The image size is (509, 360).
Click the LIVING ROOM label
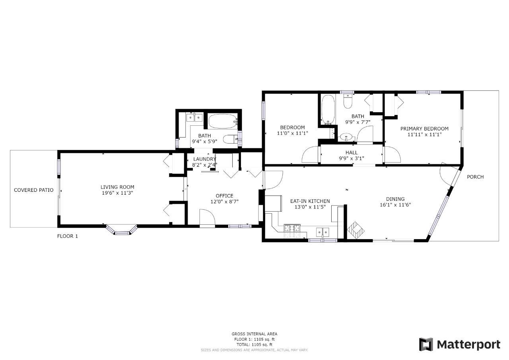click(117, 187)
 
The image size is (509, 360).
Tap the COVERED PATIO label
click(34, 190)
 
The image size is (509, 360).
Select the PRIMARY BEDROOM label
click(424, 128)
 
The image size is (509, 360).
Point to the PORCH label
click(475, 177)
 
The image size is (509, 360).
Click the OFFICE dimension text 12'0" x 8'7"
click(225, 202)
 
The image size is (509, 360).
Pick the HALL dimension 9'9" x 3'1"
click(352, 158)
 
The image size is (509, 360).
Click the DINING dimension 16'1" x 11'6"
click(395, 205)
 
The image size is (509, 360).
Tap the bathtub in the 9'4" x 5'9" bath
click(223, 121)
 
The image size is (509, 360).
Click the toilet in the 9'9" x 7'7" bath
click(348, 101)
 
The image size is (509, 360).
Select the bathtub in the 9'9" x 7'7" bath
click(328, 109)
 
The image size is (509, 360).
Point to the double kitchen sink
click(322, 232)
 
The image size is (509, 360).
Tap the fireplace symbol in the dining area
click(356, 230)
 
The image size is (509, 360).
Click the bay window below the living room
click(122, 230)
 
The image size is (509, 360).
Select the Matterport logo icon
click(426, 344)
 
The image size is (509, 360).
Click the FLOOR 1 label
click(68, 236)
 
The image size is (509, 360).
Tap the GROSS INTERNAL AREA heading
click(254, 334)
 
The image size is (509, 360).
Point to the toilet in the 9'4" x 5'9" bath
click(230, 139)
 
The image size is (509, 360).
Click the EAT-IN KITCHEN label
click(310, 201)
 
